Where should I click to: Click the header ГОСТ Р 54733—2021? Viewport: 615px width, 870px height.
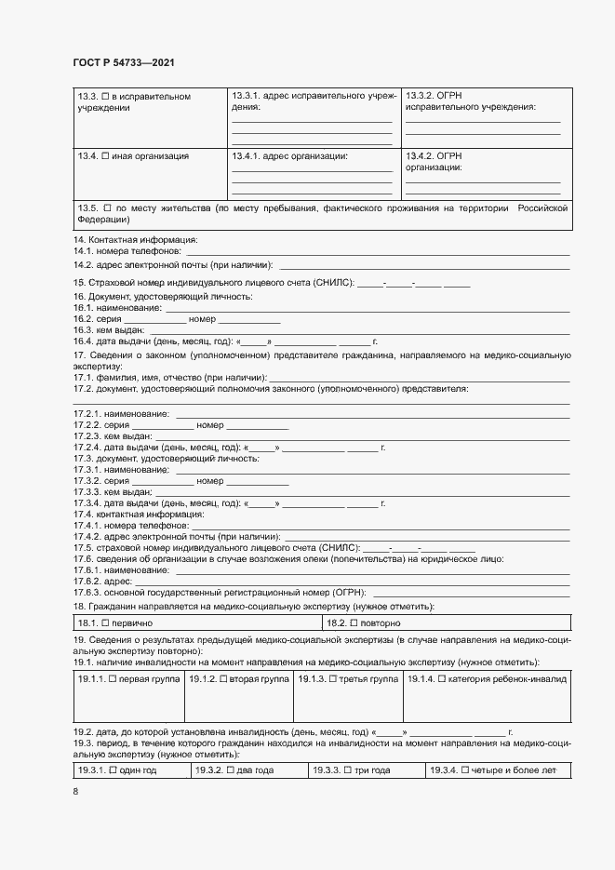(123, 62)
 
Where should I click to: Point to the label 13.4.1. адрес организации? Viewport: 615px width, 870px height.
(289, 155)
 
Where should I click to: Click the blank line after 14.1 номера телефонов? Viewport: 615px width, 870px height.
(378, 252)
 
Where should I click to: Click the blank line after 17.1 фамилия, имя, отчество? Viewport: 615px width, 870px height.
(419, 379)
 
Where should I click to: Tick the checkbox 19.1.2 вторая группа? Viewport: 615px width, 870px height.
(223, 680)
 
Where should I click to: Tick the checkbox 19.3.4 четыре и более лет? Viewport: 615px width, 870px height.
(465, 770)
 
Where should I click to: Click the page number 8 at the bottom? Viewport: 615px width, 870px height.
(76, 791)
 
